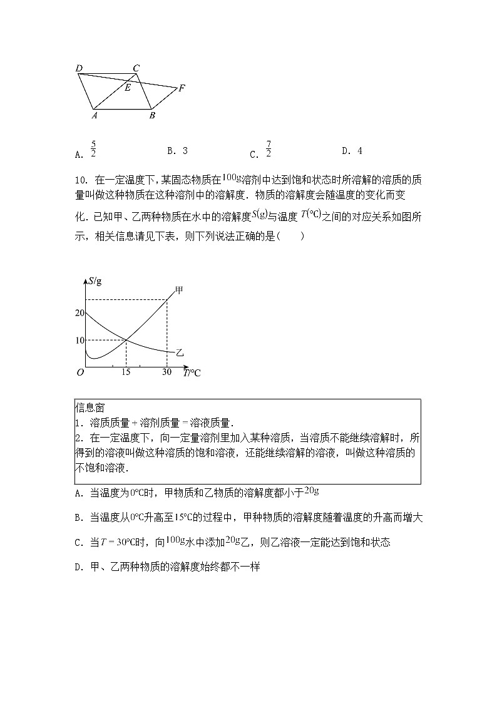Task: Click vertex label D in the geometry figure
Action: (x=78, y=68)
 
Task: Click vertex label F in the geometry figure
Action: (x=182, y=88)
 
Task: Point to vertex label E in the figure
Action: (x=128, y=88)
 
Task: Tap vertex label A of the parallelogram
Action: (x=95, y=115)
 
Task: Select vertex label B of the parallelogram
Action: (x=152, y=115)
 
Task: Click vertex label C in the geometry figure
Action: (x=136, y=68)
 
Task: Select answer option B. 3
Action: (x=177, y=151)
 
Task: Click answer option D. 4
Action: (x=352, y=151)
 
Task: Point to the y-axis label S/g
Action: (x=95, y=280)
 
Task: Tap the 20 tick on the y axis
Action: (x=79, y=312)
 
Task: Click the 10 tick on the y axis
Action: (x=79, y=340)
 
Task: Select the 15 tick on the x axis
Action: (x=126, y=372)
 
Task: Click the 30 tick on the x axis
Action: (x=167, y=372)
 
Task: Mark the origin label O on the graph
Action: (x=80, y=372)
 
